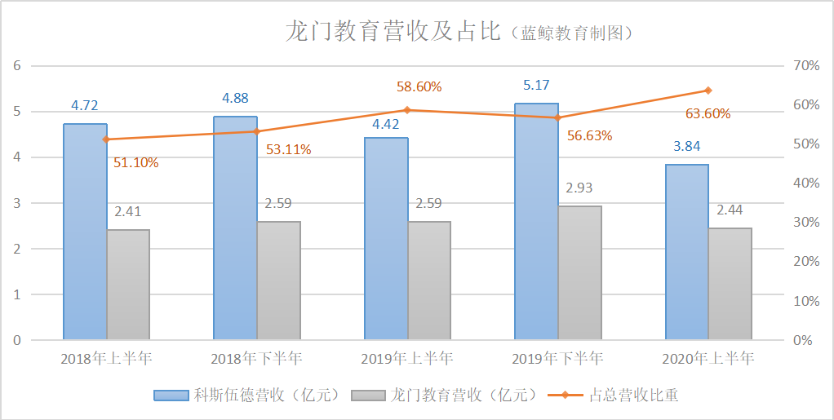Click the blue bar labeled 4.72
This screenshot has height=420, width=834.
point(86,232)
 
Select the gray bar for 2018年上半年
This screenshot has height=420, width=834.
point(128,285)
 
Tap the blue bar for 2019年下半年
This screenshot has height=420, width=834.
point(536,221)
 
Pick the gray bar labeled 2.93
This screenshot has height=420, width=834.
point(579,272)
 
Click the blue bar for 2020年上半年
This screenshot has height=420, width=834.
point(686,252)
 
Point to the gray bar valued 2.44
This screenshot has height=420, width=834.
point(730,284)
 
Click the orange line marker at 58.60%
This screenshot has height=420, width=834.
point(407,110)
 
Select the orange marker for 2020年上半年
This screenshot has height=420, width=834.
point(708,91)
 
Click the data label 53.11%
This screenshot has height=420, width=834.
point(288,149)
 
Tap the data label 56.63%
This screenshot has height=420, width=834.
point(589,135)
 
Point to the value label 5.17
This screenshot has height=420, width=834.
point(536,84)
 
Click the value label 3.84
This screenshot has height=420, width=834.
point(686,147)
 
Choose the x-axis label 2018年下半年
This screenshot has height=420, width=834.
point(256,358)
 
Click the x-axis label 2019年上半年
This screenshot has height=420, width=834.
point(407,358)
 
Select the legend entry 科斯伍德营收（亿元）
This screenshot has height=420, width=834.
point(247,396)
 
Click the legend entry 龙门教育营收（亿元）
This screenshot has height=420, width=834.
point(446,396)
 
